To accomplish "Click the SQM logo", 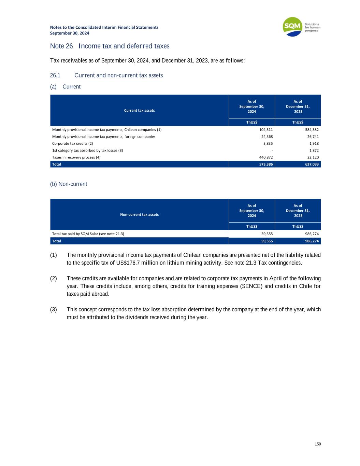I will coord(293,27).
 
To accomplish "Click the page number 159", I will coord(318,444).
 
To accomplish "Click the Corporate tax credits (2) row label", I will coord(72,143).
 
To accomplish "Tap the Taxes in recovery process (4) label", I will coord(76,157).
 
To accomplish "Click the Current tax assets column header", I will coord(139,110).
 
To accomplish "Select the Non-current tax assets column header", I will coord(139,214).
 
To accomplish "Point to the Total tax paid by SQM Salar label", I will coord(88,234).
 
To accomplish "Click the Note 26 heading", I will coord(110,46).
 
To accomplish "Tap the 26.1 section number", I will coord(55,75).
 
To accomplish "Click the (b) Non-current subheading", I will coord(69,184).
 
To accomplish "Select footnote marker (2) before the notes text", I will coord(54,278).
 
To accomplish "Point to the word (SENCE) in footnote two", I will coord(253,286).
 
